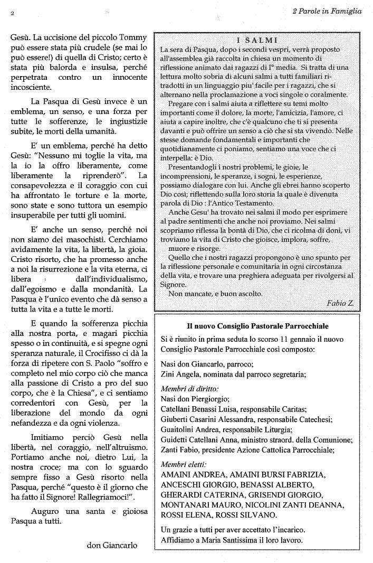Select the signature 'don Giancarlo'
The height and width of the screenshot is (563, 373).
tap(112, 545)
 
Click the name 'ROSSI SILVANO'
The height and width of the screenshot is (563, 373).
tap(238, 515)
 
